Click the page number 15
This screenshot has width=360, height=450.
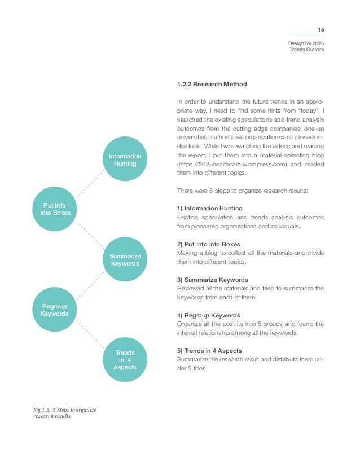point(321,29)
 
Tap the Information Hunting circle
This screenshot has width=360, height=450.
point(125,159)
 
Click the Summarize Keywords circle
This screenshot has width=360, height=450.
point(125,259)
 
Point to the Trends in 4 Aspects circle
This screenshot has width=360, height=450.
point(125,360)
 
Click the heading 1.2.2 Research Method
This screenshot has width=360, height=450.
point(212,85)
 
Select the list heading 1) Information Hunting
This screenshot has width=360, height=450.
point(209,208)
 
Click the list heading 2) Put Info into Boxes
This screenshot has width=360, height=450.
point(208,244)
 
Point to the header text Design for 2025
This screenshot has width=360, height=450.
point(306,43)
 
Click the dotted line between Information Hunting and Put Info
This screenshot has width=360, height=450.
point(90,182)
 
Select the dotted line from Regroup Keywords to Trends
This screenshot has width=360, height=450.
point(90,334)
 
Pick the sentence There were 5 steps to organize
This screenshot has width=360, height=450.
point(243,190)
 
